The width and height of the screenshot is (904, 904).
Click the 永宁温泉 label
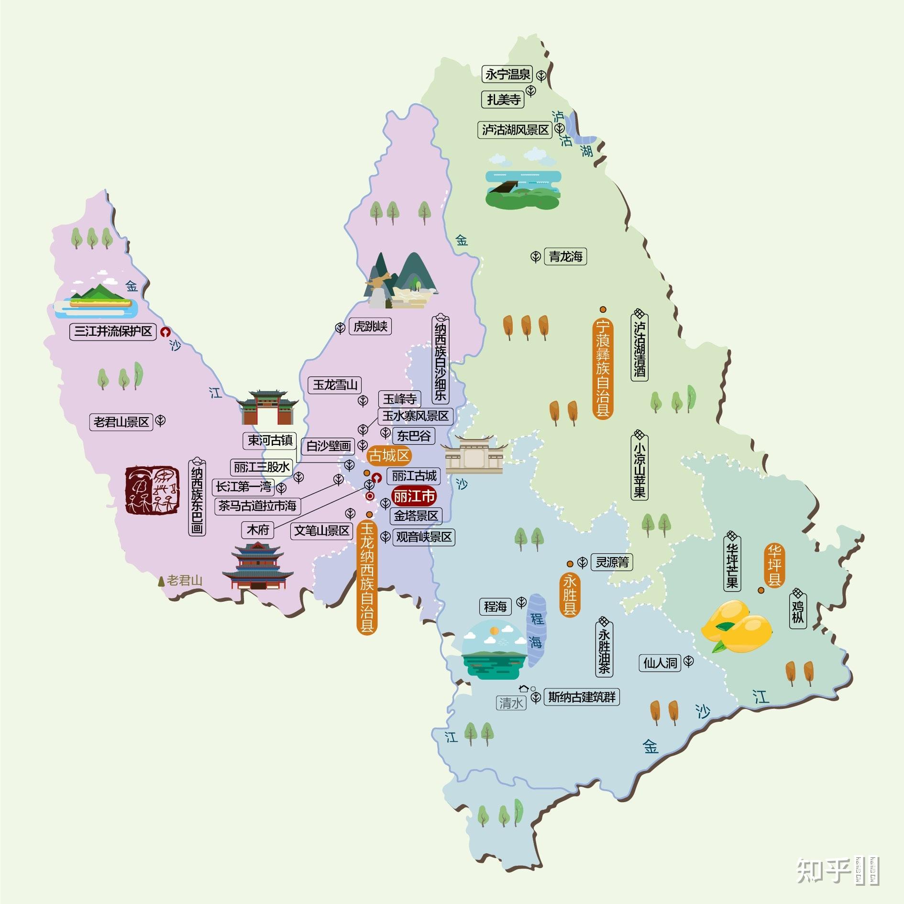[x=507, y=75]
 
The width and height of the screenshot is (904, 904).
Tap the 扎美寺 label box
[x=503, y=99]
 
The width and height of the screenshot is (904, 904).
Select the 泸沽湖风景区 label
[x=515, y=130]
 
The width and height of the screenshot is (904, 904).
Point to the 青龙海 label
[x=565, y=257]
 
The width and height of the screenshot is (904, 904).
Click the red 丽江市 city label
[x=414, y=497]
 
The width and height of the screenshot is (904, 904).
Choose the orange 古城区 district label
[x=389, y=455]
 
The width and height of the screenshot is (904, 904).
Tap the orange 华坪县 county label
[x=774, y=565]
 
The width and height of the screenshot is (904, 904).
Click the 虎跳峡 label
[x=370, y=327]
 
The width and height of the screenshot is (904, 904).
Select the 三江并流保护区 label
[x=113, y=331]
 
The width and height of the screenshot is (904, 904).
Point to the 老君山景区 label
[x=121, y=422]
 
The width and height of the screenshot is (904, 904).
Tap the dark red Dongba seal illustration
[x=153, y=490]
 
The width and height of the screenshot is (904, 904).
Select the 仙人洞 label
[x=660, y=663]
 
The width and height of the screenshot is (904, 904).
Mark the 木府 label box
[x=258, y=530]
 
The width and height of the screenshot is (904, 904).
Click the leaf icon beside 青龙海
[x=536, y=257]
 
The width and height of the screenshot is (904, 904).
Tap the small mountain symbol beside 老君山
[x=162, y=581]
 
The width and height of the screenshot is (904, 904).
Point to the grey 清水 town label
[x=511, y=703]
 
